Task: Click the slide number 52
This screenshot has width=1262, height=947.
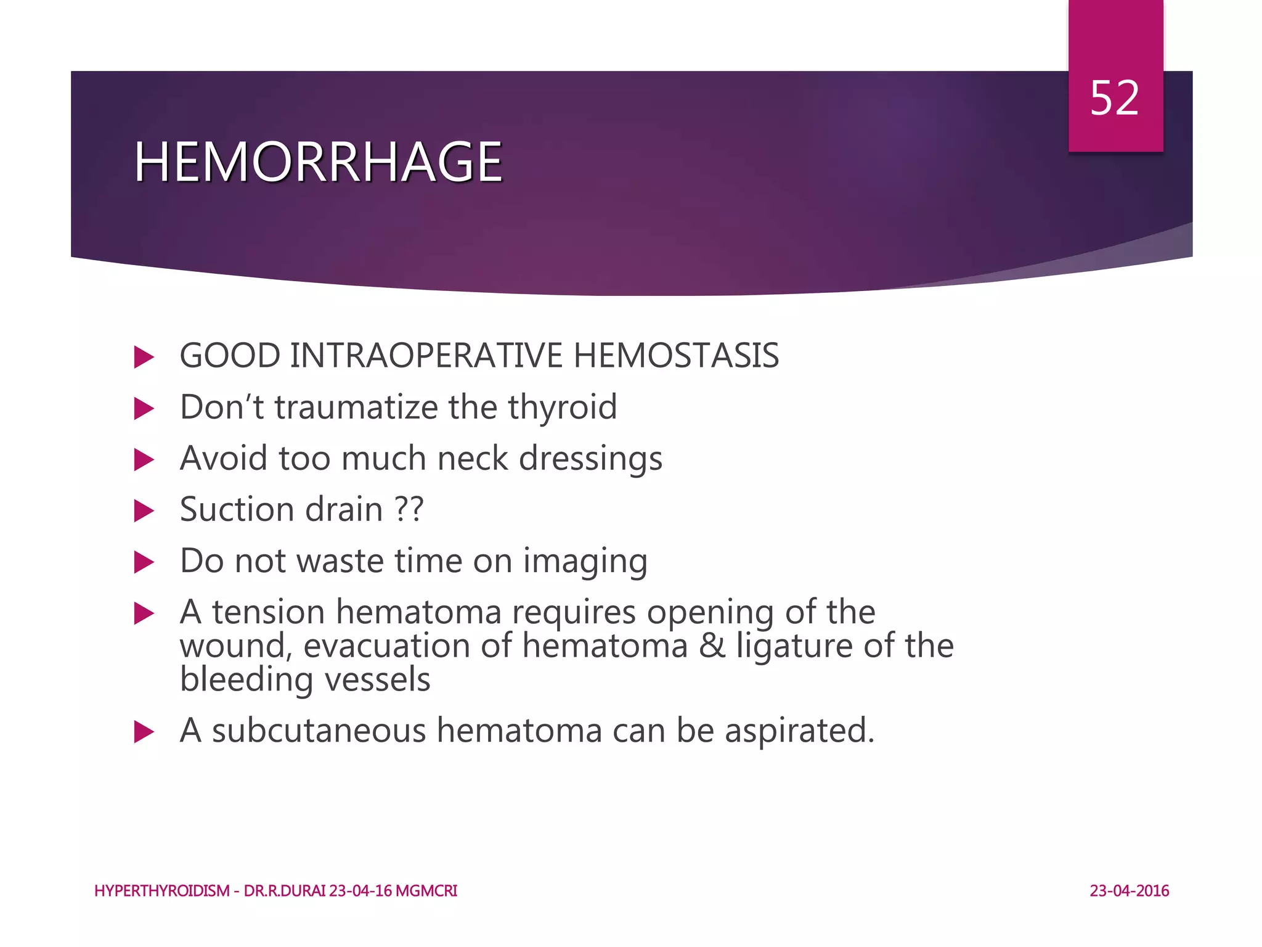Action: [1114, 99]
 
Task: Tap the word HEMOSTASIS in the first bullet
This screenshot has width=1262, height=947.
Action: [676, 356]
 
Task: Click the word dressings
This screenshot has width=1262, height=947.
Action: [590, 459]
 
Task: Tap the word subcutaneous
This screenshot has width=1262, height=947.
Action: [319, 731]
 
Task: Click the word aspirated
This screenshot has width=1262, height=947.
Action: [799, 732]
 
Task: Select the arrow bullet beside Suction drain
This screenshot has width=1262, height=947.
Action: [143, 510]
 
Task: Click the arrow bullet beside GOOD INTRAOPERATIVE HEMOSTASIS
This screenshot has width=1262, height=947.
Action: [143, 357]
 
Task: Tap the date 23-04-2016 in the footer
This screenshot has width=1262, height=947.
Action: [1129, 891]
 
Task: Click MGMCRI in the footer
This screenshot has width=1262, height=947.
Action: [426, 891]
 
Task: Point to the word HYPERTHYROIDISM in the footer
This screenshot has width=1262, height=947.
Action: [161, 891]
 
